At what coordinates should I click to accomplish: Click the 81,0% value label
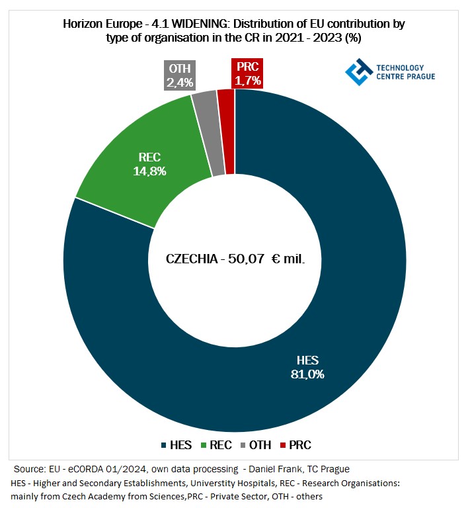tap(307, 373)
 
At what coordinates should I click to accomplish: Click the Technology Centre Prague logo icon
tap(357, 72)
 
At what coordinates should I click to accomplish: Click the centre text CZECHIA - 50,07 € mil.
tap(235, 259)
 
